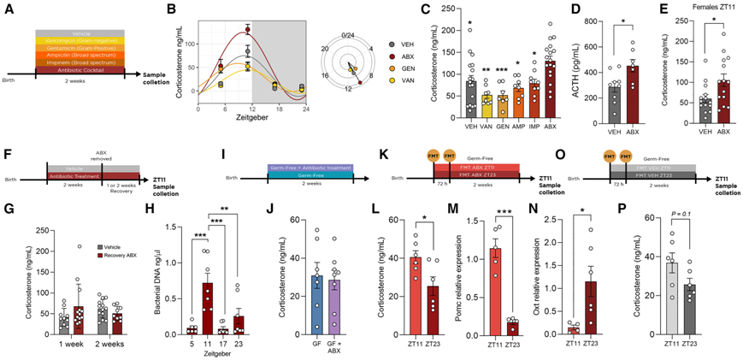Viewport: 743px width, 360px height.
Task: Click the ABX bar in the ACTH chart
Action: pos(633,95)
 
